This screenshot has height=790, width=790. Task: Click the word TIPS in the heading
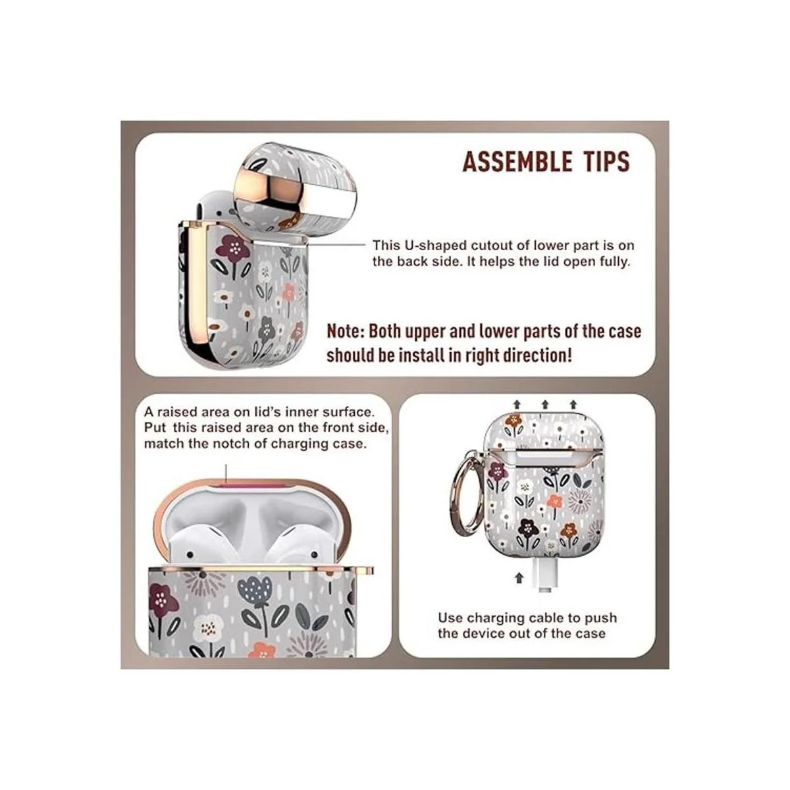(608, 161)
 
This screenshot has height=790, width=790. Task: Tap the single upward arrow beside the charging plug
(519, 577)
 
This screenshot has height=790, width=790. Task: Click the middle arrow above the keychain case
(545, 405)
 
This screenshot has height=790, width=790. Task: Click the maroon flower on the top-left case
(233, 249)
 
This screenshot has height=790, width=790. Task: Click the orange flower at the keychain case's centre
(555, 500)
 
